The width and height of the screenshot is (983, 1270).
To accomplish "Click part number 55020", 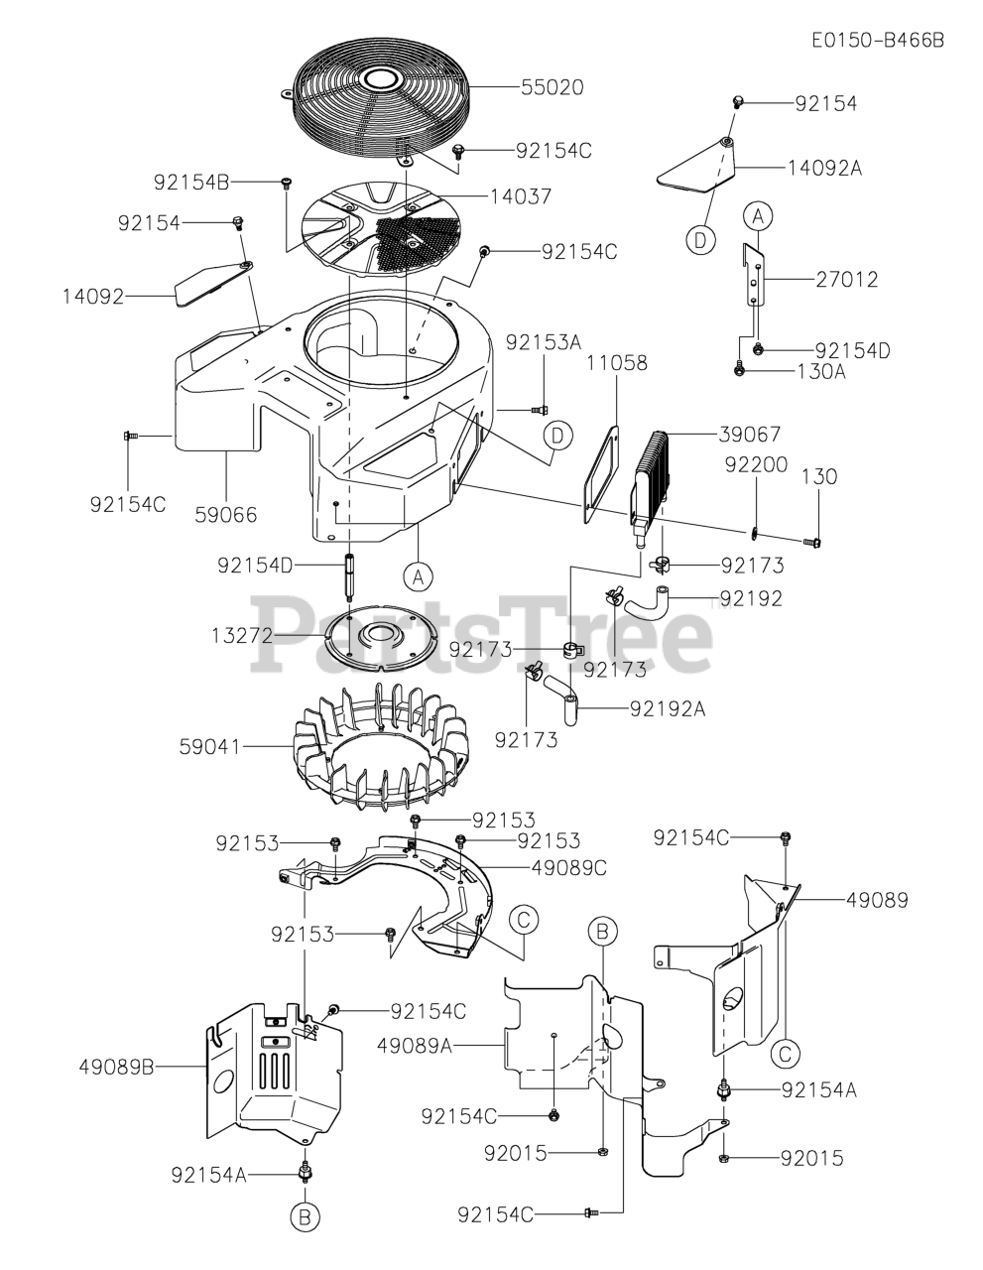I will point(553,87).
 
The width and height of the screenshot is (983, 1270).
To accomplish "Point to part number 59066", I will point(224,514).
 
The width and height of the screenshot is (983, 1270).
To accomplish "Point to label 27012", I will point(846,280).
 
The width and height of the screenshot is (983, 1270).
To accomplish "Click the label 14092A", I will point(824,169).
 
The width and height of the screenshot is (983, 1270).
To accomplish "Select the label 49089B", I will point(117,1067).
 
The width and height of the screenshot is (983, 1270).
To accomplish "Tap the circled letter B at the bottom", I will point(306,1215).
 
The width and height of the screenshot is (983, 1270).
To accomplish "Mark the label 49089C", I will point(568,868).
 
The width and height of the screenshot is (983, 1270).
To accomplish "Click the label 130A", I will point(821,371).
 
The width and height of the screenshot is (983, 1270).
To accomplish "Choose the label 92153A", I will point(544,342).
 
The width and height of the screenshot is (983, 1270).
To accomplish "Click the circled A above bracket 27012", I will point(758,214).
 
